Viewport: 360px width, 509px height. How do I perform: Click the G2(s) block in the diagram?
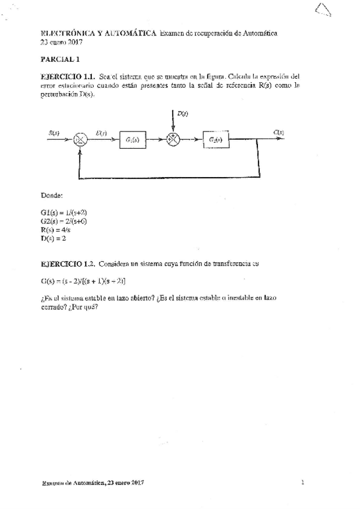tap(216, 139)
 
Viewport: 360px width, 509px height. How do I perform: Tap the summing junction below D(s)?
tap(173, 140)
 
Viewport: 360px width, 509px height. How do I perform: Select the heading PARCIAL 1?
tap(60, 59)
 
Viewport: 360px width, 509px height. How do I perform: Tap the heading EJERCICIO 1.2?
tap(66, 263)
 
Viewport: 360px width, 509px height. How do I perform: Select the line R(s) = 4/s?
tap(56, 229)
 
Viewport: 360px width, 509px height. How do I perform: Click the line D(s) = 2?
tap(53, 238)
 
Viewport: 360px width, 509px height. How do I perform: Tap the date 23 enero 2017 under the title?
tap(61, 42)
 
